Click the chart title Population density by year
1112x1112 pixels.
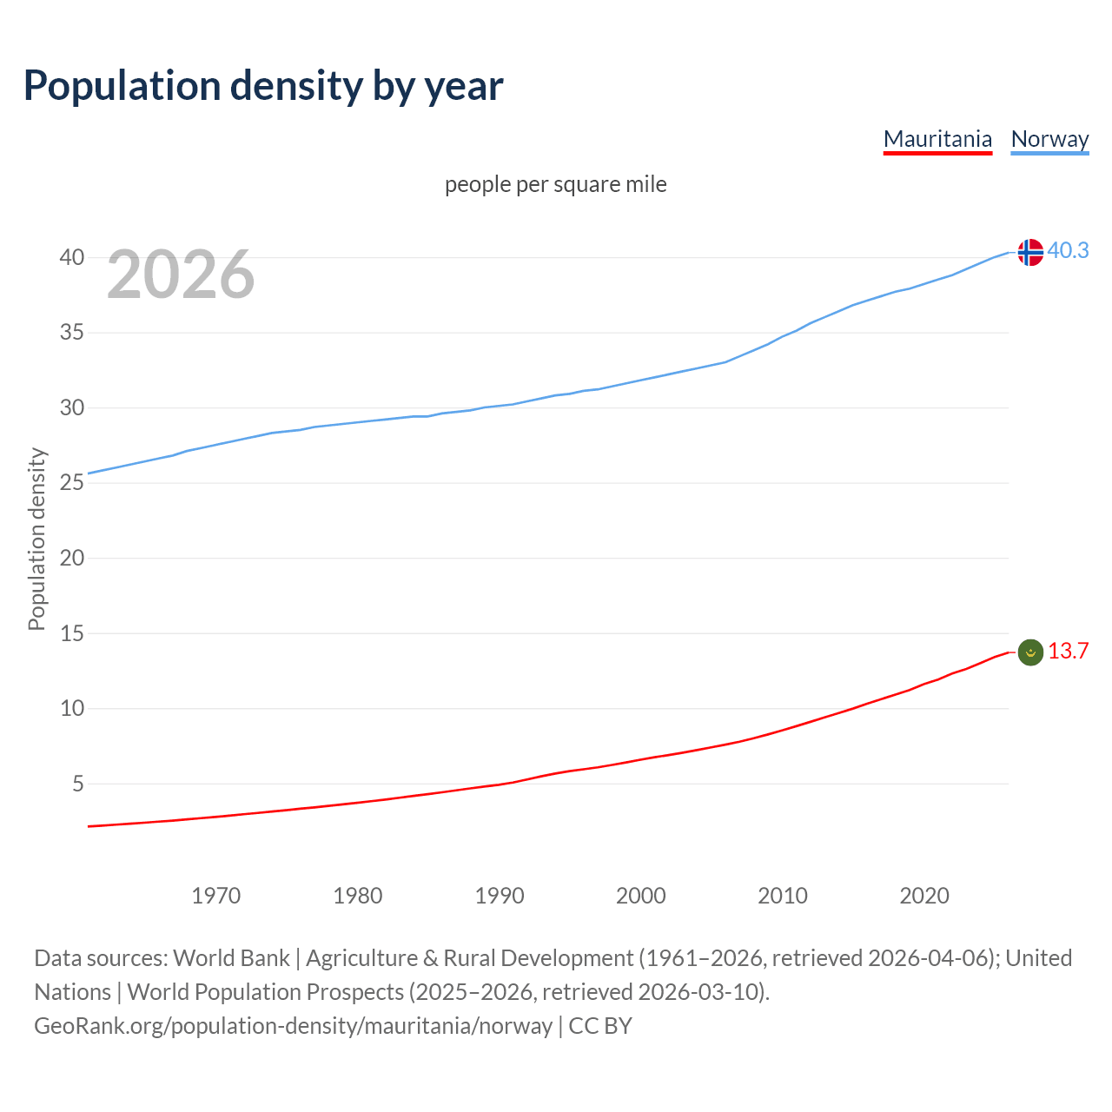(x=263, y=85)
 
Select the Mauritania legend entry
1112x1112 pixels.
(x=937, y=139)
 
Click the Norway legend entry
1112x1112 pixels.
(x=1049, y=139)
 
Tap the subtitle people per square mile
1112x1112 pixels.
(x=555, y=184)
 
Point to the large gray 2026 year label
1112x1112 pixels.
(x=181, y=275)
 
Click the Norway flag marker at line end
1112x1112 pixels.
(x=1030, y=252)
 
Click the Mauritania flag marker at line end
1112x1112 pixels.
(x=1030, y=652)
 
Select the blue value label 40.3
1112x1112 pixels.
(x=1068, y=250)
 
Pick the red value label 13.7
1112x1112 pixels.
(x=1068, y=651)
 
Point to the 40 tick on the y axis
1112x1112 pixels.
(x=72, y=257)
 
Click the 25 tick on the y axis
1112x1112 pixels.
(x=72, y=482)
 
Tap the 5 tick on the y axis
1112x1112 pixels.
(x=78, y=784)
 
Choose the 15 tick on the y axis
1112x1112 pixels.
(x=72, y=633)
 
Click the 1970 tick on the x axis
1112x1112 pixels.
(x=215, y=896)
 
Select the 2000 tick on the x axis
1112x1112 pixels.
(x=640, y=896)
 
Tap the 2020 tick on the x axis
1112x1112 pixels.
(x=923, y=896)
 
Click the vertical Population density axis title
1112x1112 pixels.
(x=36, y=539)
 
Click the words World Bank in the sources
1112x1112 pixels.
(x=231, y=958)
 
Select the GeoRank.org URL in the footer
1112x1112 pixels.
(x=293, y=1026)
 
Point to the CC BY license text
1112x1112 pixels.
(x=600, y=1026)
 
